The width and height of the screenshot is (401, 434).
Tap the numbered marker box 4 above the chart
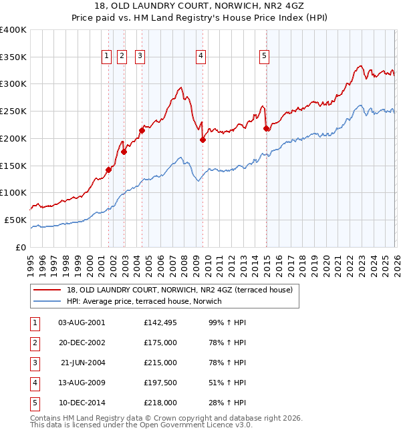tap(200, 57)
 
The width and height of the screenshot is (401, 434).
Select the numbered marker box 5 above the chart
tap(265, 57)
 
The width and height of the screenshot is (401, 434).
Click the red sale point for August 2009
tap(203, 140)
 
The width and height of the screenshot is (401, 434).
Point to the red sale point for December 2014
tap(266, 128)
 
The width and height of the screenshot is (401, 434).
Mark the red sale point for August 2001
tap(108, 170)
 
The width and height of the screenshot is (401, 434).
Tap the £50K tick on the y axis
tap(15, 220)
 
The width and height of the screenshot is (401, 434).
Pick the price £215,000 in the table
tap(160, 363)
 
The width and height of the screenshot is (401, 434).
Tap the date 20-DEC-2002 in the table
tap(82, 343)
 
